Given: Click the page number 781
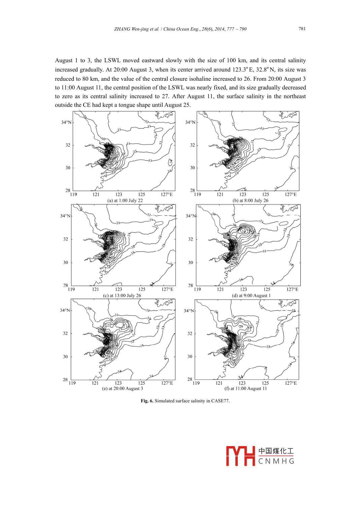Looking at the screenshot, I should [302, 29].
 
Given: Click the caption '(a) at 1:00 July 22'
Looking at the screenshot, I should [125, 201].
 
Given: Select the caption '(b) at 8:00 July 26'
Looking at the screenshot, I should [250, 201].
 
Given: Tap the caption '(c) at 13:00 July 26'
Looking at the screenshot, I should [122, 296].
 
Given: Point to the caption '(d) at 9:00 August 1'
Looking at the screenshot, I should [251, 296].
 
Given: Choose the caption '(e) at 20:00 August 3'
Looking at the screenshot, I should [122, 389].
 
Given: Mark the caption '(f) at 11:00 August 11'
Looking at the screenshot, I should [245, 389].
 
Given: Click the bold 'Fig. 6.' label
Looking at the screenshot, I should [147, 401].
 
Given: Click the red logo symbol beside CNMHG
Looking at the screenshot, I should [240, 456].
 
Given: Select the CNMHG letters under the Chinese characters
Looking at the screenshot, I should [276, 461].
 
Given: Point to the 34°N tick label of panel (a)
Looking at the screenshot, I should [66, 122].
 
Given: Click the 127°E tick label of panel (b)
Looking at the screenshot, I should [291, 194].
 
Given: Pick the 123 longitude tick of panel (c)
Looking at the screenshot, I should [119, 289].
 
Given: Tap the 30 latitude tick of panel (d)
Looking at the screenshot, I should [191, 263].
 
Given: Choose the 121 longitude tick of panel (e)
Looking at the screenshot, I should [95, 383].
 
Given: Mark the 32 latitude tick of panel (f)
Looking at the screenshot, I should [190, 334].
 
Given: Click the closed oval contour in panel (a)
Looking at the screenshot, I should [159, 130].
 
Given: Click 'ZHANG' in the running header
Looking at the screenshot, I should [122, 29].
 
